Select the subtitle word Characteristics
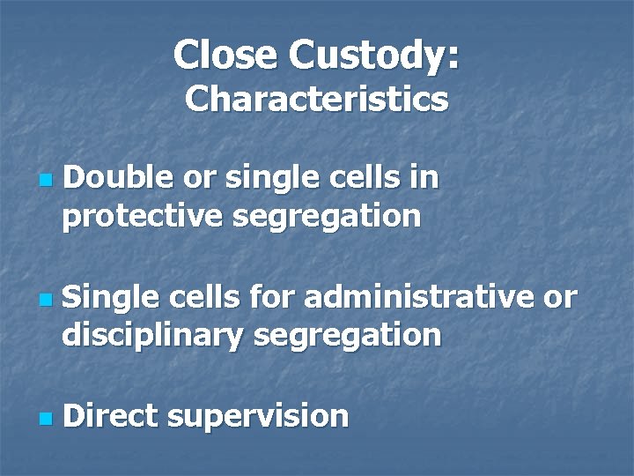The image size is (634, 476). pos(316,99)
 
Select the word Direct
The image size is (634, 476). pos(109,415)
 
